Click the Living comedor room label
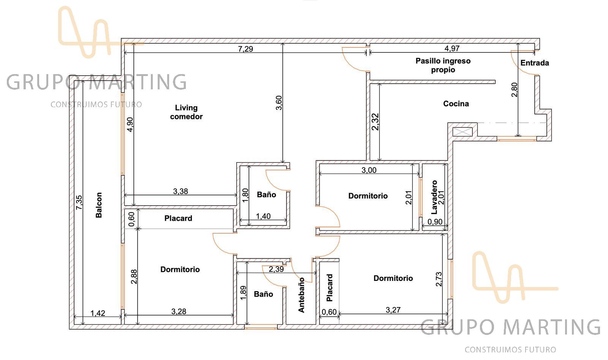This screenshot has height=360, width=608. click(186, 112)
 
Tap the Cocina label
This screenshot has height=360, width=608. click(456, 104)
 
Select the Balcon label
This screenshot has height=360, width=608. click(99, 205)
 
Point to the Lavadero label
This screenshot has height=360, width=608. click(434, 197)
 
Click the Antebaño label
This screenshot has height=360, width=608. click(301, 295)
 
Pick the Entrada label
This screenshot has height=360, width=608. click(535, 63)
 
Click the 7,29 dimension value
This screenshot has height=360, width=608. click(245, 49)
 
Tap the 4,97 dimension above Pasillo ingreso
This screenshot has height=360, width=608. click(452, 48)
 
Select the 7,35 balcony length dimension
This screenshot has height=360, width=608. click(79, 203)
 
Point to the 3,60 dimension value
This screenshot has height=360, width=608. click(279, 103)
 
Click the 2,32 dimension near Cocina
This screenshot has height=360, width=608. click(375, 122)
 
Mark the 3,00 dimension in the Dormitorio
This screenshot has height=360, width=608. click(369, 170)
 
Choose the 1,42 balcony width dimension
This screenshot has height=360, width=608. click(98, 313)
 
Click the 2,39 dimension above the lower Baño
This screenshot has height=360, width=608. click(276, 269)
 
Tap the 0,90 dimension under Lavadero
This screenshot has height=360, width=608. click(435, 222)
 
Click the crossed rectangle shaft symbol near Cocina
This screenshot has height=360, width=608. click(462, 132)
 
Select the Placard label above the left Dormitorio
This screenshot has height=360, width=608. click(178, 218)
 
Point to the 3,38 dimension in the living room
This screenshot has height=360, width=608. click(180, 191)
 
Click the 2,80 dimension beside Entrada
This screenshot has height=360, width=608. click(515, 90)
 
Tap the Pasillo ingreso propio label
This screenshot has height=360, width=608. click(443, 65)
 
